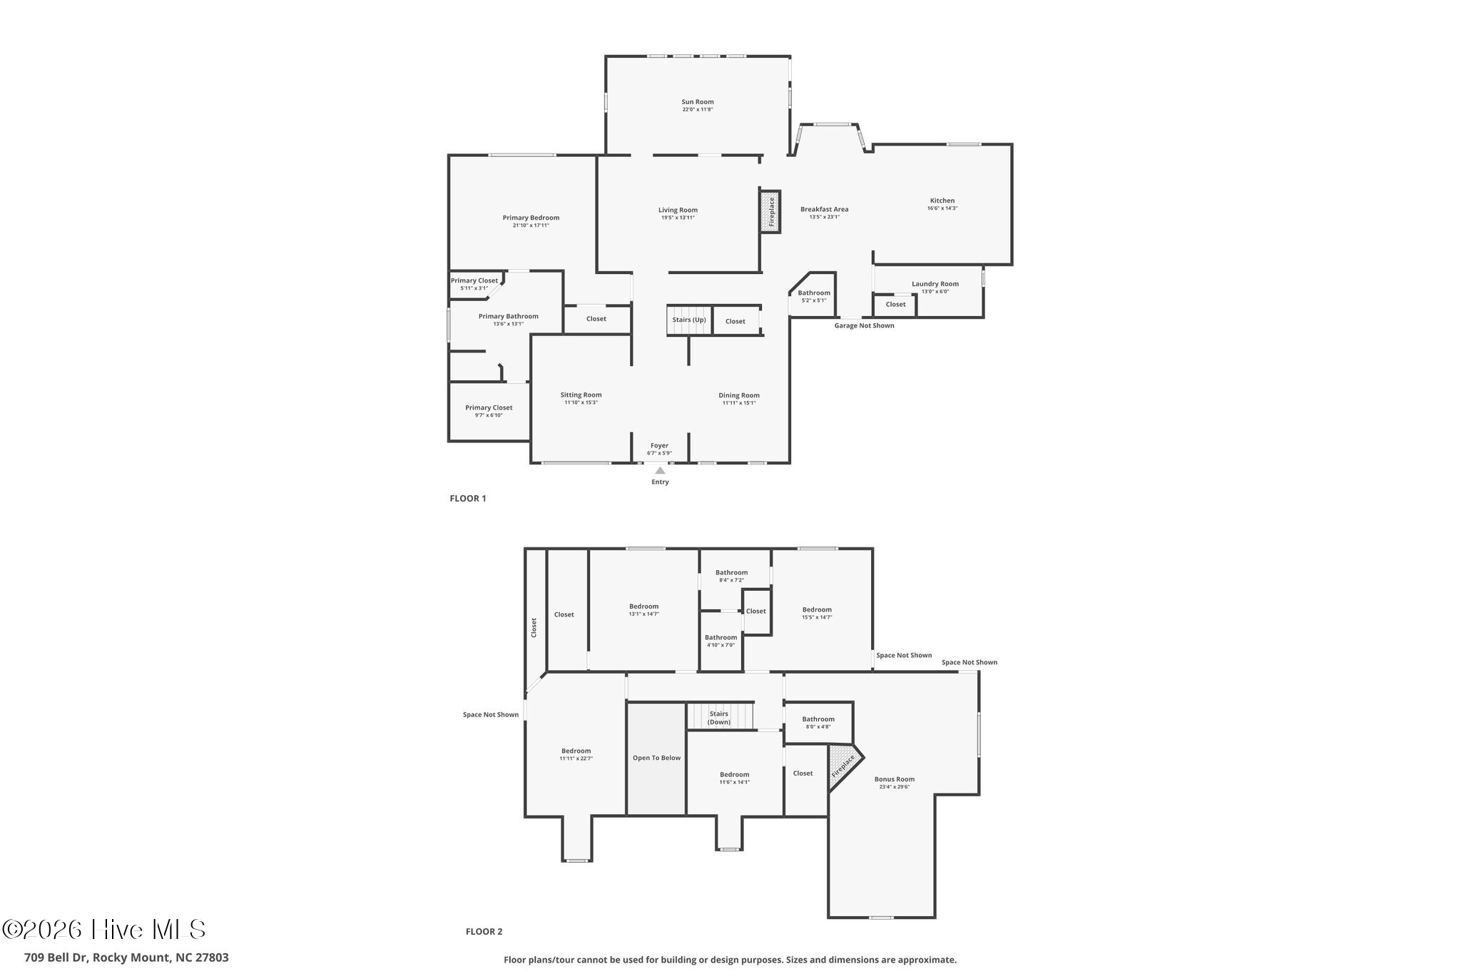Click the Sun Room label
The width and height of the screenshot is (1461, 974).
(x=697, y=102)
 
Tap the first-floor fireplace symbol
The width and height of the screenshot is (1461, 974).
(x=770, y=211)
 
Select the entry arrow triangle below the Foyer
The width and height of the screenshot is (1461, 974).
(x=660, y=470)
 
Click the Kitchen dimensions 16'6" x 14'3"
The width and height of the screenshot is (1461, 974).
(x=942, y=208)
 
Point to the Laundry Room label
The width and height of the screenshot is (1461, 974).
(x=935, y=284)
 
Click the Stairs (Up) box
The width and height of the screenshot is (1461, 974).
(x=689, y=320)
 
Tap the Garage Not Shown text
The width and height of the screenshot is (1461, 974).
(x=864, y=326)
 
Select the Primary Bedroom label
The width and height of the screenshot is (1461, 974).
(x=531, y=218)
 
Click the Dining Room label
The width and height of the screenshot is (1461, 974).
(x=738, y=395)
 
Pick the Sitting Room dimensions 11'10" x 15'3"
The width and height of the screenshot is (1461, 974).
(x=581, y=403)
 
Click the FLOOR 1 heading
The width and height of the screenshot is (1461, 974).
(x=467, y=499)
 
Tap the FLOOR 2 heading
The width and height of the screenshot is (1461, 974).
(x=484, y=931)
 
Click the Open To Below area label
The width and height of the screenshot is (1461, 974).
(x=656, y=758)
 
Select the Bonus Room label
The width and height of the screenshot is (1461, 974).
(x=894, y=779)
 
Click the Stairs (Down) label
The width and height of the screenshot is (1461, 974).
(x=719, y=718)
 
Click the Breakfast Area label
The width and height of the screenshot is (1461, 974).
(x=824, y=210)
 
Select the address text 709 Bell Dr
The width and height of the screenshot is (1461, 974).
(x=126, y=958)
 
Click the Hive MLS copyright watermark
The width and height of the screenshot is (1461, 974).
(x=104, y=929)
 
